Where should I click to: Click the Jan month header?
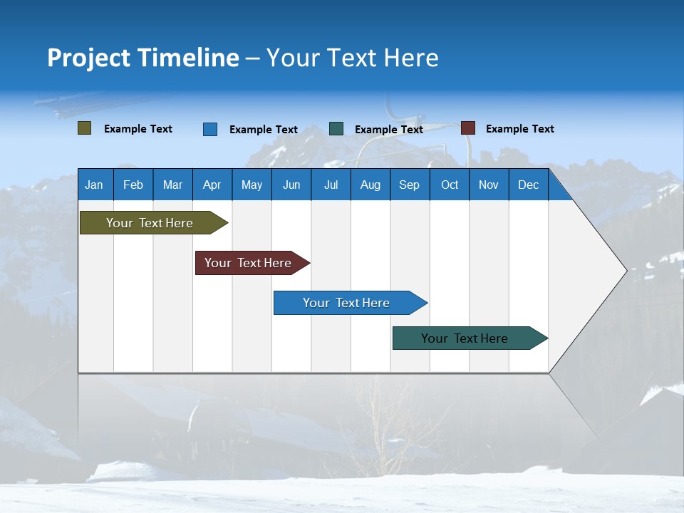click(95, 185)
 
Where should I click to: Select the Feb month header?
click(133, 185)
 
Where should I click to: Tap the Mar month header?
click(172, 185)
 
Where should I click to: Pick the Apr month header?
click(212, 185)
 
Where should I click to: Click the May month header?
click(252, 185)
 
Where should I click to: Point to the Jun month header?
click(291, 185)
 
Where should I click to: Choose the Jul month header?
click(331, 185)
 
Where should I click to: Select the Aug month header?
click(370, 185)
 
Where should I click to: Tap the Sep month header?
click(409, 185)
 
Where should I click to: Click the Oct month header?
click(450, 185)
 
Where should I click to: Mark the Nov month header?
click(489, 185)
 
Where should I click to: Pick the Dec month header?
click(528, 185)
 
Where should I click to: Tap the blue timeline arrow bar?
click(347, 303)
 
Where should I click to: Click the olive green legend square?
click(85, 128)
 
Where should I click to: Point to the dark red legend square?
click(468, 128)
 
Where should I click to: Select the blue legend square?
click(210, 129)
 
